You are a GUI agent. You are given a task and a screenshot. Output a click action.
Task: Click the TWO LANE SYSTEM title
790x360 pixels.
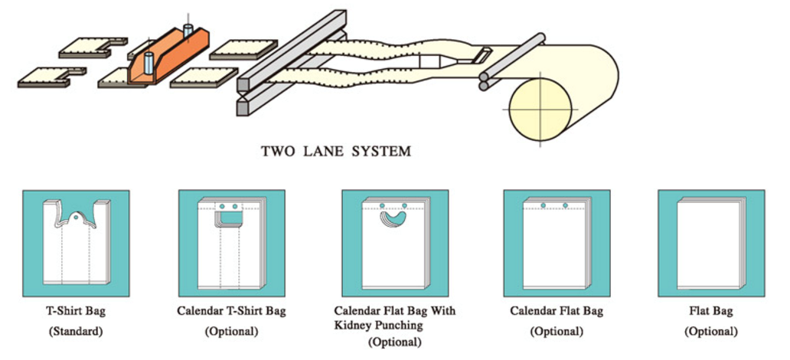335,151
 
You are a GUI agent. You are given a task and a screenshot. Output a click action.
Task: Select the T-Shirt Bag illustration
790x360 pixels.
76,243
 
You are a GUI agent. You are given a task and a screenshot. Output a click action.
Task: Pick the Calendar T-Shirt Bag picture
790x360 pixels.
231,243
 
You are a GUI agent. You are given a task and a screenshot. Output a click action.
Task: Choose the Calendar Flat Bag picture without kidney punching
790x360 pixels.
557,243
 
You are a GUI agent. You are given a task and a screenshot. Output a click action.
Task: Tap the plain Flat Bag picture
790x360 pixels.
711,243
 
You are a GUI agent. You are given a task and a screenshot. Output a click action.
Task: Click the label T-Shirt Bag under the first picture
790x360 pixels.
76,311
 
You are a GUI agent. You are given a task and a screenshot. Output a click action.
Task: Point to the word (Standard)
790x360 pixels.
76,332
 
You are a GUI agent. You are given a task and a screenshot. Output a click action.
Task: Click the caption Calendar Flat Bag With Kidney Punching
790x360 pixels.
394,318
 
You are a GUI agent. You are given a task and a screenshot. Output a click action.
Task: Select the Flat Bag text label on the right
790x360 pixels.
711,311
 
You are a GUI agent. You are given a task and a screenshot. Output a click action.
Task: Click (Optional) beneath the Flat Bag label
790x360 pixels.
711,332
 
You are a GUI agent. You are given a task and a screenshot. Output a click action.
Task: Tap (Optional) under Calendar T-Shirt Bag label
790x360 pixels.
231,332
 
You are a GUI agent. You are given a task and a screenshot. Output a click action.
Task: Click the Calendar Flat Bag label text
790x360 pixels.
557,311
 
